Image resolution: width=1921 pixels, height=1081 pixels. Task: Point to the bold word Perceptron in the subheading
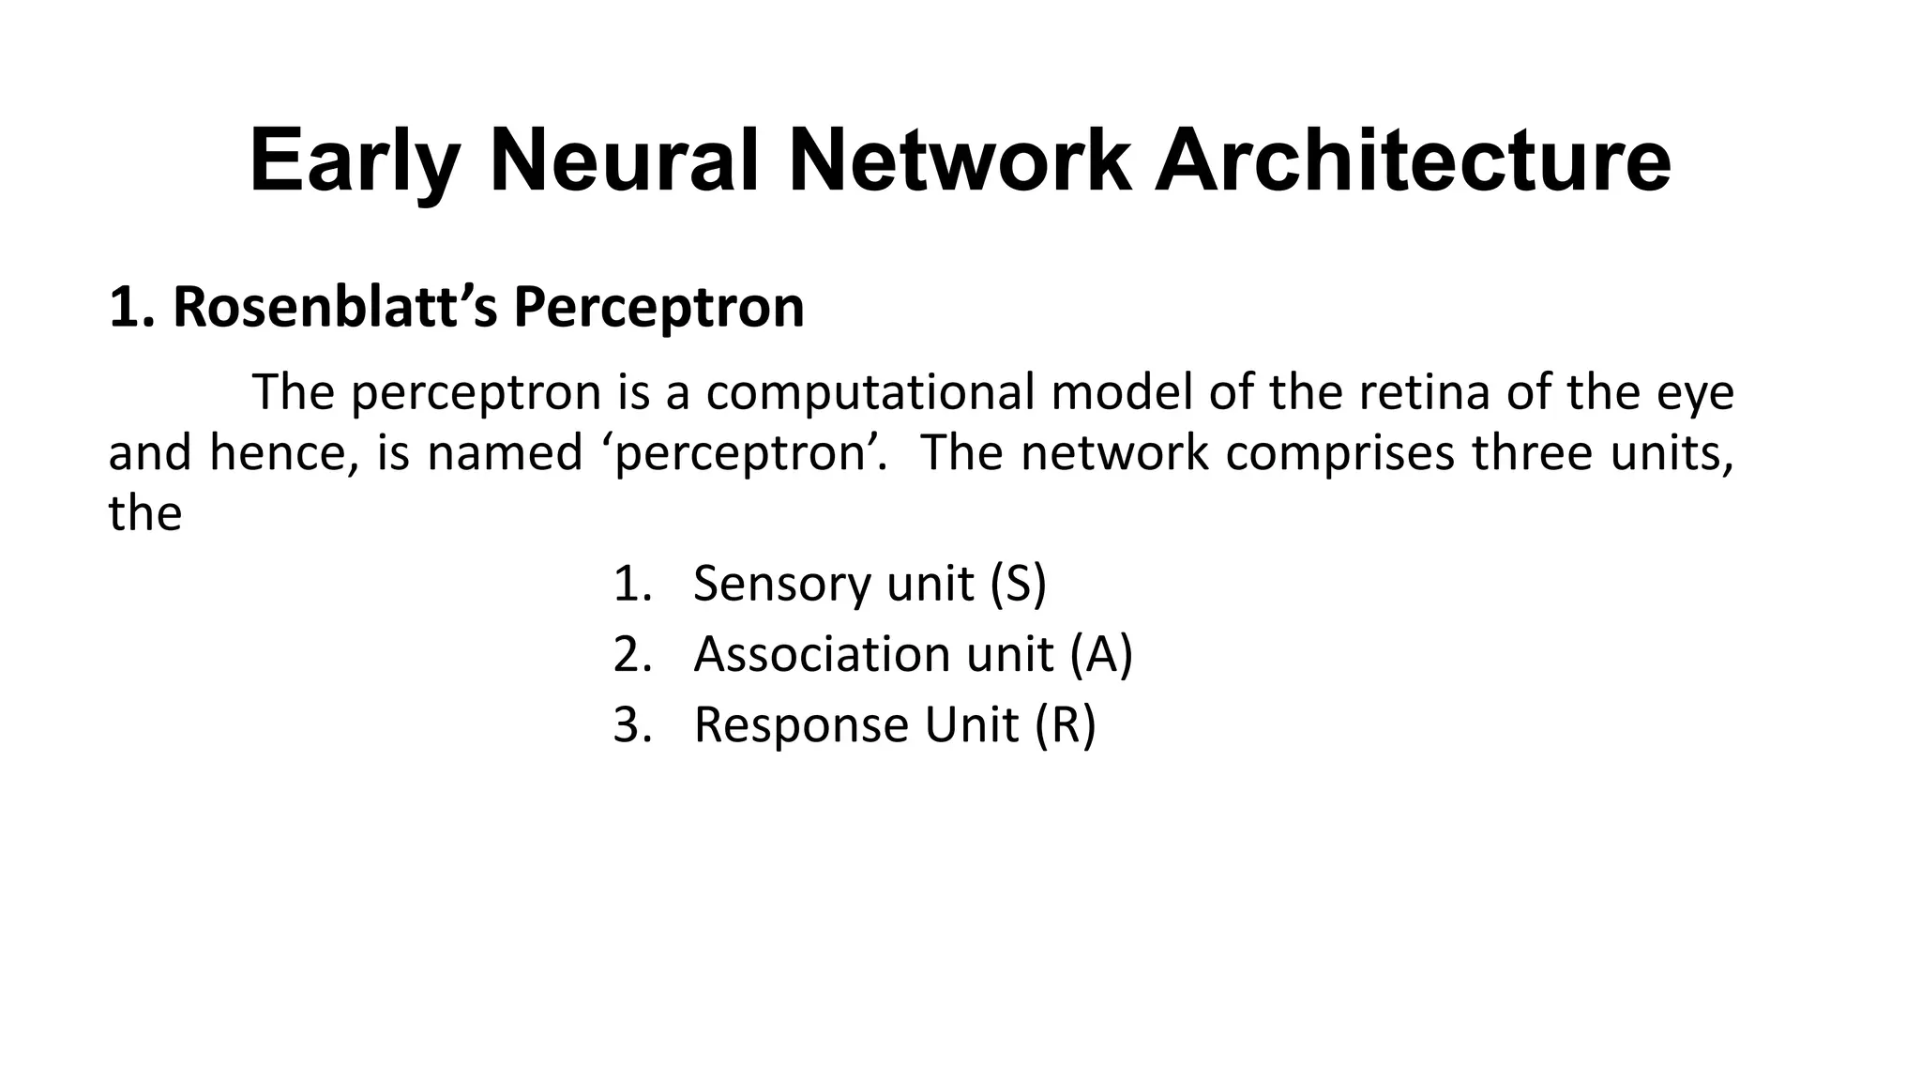[658, 307]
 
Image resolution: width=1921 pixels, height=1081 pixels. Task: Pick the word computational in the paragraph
[870, 392]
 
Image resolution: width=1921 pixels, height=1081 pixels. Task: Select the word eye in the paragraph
[1696, 392]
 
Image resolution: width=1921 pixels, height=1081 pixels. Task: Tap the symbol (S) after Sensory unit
[1018, 583]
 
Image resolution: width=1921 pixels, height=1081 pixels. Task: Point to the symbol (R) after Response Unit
[1065, 725]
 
